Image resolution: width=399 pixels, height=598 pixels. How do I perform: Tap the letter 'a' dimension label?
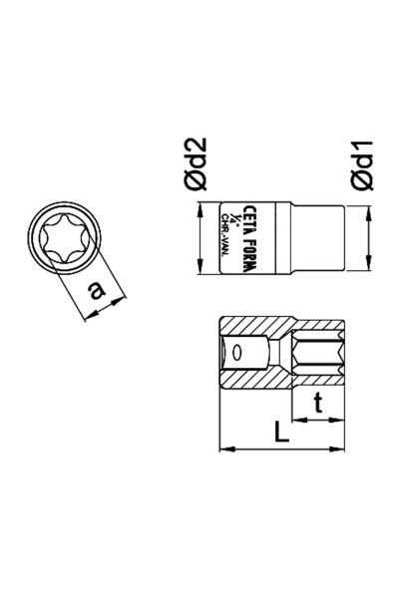click(96, 290)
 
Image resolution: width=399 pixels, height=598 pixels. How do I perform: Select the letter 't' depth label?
click(317, 403)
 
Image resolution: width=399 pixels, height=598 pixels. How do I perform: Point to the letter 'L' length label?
click(280, 434)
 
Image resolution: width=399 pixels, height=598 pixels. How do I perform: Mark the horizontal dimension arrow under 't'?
click(317, 420)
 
